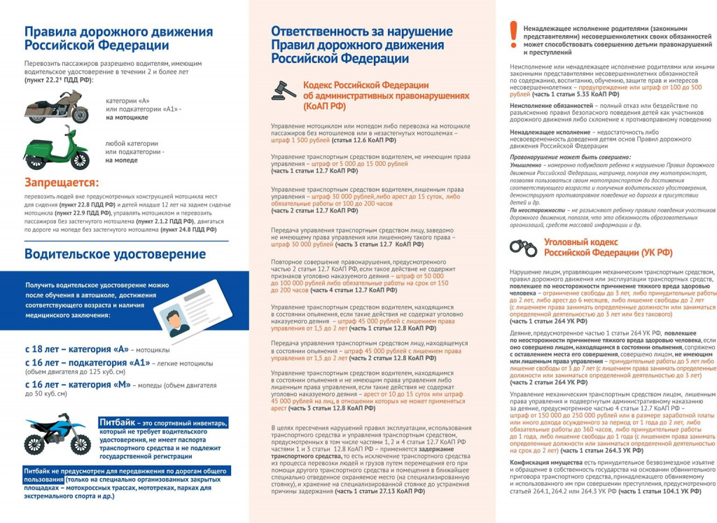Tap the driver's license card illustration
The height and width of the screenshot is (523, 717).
190,314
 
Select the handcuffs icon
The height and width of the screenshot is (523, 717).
522,246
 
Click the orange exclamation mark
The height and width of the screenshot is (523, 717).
514,32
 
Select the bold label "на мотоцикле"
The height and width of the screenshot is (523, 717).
127,118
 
